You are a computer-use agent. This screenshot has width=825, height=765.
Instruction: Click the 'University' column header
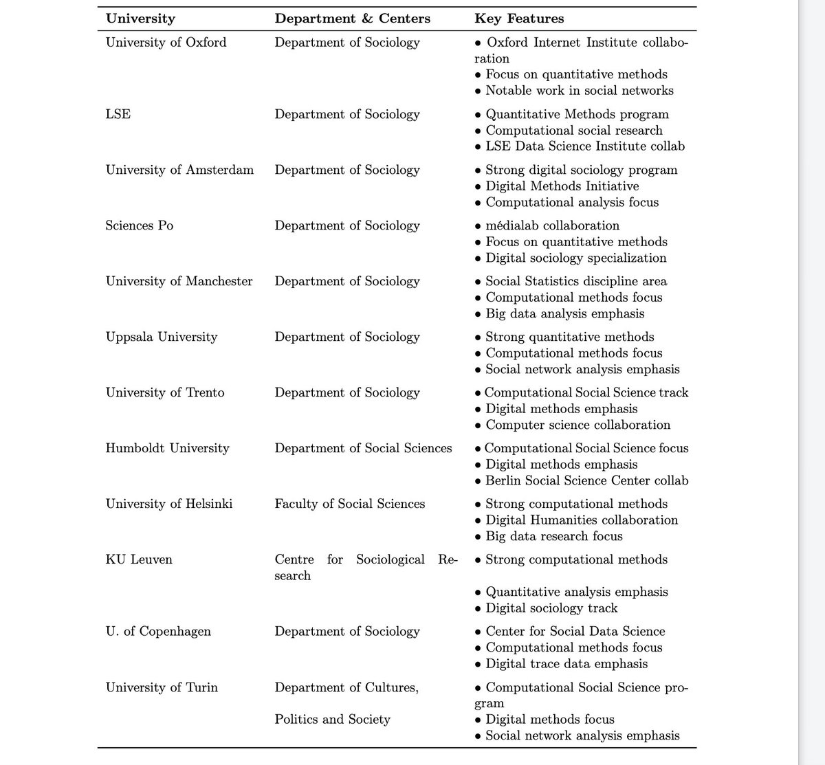point(140,19)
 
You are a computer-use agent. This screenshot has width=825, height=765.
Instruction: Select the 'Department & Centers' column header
point(352,19)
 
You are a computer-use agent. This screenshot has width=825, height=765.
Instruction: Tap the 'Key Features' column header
point(519,19)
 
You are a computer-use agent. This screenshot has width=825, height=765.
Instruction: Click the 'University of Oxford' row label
point(166,43)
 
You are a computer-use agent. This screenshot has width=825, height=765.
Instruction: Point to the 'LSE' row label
point(118,114)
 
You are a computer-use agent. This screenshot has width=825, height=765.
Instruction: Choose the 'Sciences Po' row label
point(139,225)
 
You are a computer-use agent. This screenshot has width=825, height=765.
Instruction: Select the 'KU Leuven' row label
point(139,559)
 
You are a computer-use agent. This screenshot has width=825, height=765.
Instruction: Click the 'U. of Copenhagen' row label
point(158,631)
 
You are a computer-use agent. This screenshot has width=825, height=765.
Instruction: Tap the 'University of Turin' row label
point(162,687)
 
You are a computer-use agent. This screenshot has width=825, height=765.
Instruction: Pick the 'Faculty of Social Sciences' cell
point(349,504)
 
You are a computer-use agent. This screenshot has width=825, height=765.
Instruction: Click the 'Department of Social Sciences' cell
point(363,448)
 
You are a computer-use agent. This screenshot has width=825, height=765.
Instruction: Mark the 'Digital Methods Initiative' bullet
point(562,186)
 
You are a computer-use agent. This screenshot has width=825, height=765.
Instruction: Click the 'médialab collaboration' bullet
point(552,225)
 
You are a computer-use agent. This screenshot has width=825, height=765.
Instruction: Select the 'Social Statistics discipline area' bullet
point(575,281)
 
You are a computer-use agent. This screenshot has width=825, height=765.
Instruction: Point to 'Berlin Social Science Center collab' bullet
point(586,480)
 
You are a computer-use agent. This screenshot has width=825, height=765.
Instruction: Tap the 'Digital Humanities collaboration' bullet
point(582,520)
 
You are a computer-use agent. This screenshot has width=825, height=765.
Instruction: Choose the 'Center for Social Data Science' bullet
point(575,631)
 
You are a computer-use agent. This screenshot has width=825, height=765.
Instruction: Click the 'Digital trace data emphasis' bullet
point(566,664)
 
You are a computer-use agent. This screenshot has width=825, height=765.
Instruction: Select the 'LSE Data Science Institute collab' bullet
point(585,146)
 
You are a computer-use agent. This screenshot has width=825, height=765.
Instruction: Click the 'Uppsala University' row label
point(161,337)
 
